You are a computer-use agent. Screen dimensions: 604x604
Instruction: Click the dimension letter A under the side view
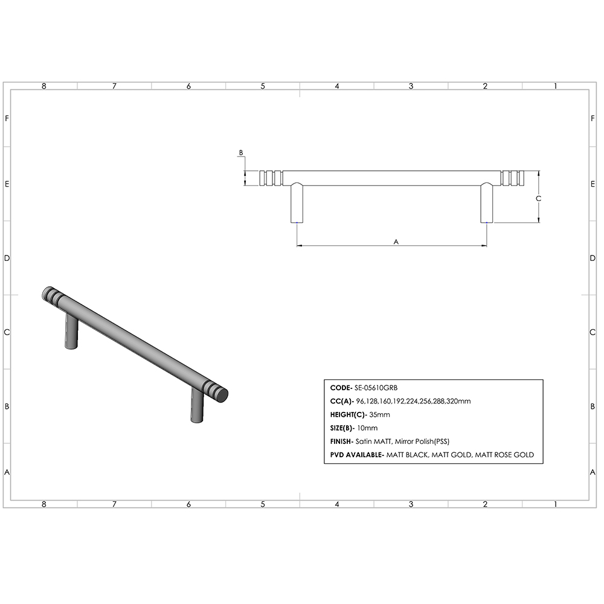point(396,241)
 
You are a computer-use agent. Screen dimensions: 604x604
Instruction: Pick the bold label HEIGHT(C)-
point(349,414)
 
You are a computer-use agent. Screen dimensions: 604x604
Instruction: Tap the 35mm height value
point(381,414)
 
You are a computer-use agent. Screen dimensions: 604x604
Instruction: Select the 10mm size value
point(368,428)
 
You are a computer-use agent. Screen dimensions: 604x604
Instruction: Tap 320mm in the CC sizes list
point(460,401)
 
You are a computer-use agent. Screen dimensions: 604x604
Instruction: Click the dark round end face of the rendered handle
point(222,396)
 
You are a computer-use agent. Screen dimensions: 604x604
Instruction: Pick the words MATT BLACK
point(407,454)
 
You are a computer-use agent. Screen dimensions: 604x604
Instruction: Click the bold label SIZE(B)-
point(344,428)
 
